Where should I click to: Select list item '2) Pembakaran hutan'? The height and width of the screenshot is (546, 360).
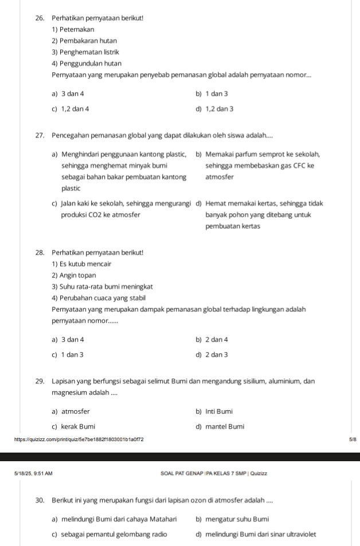tap(84, 41)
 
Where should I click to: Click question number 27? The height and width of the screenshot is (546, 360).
tap(40, 135)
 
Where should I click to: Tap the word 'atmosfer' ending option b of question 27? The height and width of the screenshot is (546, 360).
tap(218, 177)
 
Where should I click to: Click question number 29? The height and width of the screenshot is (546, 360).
tap(40, 381)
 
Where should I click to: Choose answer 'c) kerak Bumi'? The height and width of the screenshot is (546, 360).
tap(73, 426)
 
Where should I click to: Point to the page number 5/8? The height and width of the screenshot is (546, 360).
tap(351, 439)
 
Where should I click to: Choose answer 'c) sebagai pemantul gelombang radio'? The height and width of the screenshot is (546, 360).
tap(109, 534)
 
